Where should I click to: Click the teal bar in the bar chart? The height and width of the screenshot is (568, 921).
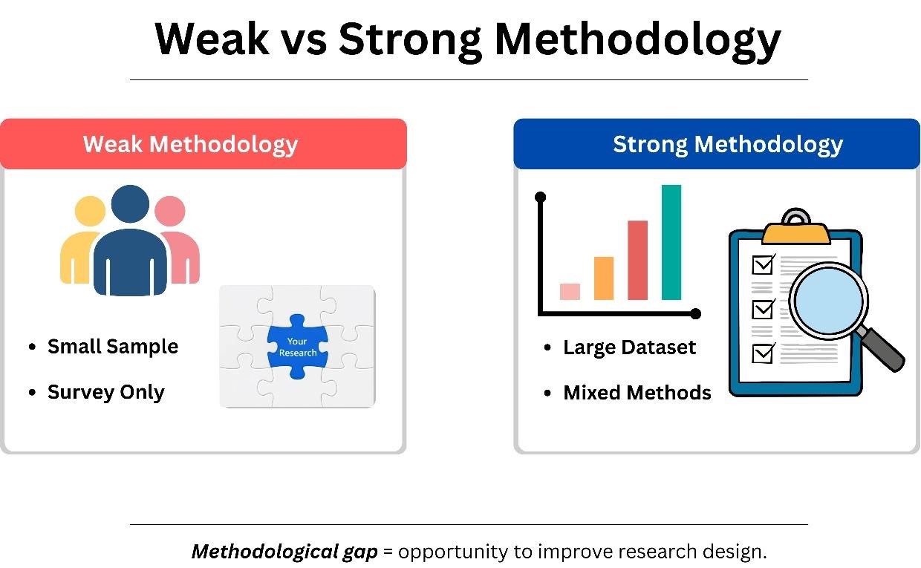[671, 242]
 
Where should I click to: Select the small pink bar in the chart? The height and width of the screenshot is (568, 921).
[570, 291]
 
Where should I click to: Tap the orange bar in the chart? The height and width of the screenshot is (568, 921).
[604, 278]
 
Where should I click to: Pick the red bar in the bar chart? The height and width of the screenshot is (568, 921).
[637, 260]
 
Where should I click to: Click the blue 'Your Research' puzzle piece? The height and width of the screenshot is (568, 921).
[297, 347]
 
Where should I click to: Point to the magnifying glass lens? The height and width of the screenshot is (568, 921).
[828, 301]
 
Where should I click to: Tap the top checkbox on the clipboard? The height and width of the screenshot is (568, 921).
[763, 264]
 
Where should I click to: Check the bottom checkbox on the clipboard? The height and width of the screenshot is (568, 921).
[763, 353]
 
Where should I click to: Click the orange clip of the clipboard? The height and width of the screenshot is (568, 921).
[795, 233]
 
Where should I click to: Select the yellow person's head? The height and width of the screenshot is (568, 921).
[90, 211]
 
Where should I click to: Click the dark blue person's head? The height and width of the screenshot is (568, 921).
[130, 204]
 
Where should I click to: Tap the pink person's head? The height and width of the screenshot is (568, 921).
[170, 211]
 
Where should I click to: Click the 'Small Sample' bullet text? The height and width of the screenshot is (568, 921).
[113, 347]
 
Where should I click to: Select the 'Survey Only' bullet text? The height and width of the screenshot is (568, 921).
[105, 392]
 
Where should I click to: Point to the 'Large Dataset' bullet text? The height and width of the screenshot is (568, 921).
[630, 347]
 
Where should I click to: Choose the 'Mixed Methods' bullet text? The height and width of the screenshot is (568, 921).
[637, 393]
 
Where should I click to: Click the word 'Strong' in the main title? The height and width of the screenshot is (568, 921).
[410, 41]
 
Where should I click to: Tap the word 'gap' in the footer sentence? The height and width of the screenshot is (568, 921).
[360, 552]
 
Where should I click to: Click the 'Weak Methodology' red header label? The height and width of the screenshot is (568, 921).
[190, 145]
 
